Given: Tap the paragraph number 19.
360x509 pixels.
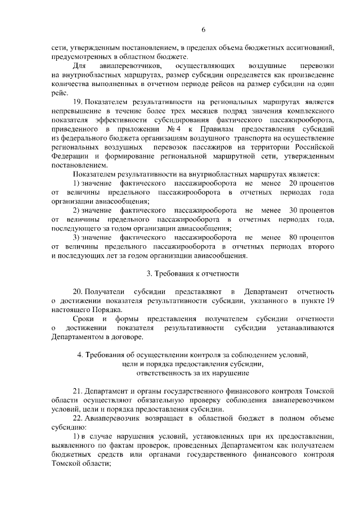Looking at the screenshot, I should pos(79,103).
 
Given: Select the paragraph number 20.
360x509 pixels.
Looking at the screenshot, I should pos(79,291).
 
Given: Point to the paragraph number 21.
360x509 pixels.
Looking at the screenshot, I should pos(79,390).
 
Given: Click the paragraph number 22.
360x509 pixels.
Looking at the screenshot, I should pos(79,417).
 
